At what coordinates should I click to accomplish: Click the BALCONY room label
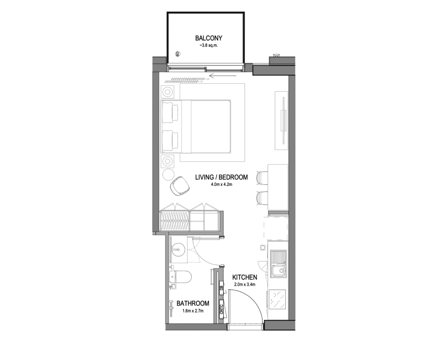(208, 38)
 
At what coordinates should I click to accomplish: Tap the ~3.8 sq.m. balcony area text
(208, 45)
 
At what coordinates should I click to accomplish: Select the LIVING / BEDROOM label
(221, 177)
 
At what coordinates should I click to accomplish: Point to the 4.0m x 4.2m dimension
(221, 184)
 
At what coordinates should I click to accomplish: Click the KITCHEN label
(244, 277)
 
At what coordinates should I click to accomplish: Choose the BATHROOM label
(193, 304)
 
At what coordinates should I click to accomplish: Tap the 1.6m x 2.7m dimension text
(193, 311)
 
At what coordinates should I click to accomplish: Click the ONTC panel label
(222, 309)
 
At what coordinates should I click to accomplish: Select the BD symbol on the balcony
(178, 54)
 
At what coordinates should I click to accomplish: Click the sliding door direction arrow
(223, 76)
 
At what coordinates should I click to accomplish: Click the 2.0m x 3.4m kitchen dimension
(244, 284)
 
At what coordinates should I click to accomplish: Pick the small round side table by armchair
(168, 174)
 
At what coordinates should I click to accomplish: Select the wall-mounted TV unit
(281, 121)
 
